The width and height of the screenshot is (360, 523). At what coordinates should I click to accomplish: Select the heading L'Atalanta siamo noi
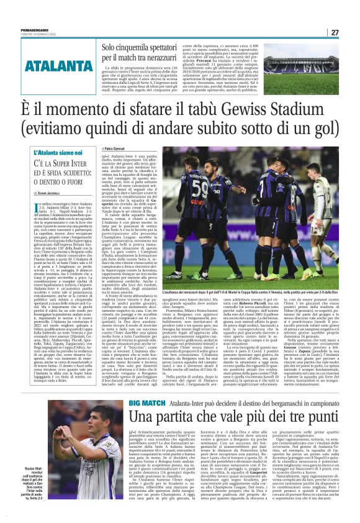coord(43,152)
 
